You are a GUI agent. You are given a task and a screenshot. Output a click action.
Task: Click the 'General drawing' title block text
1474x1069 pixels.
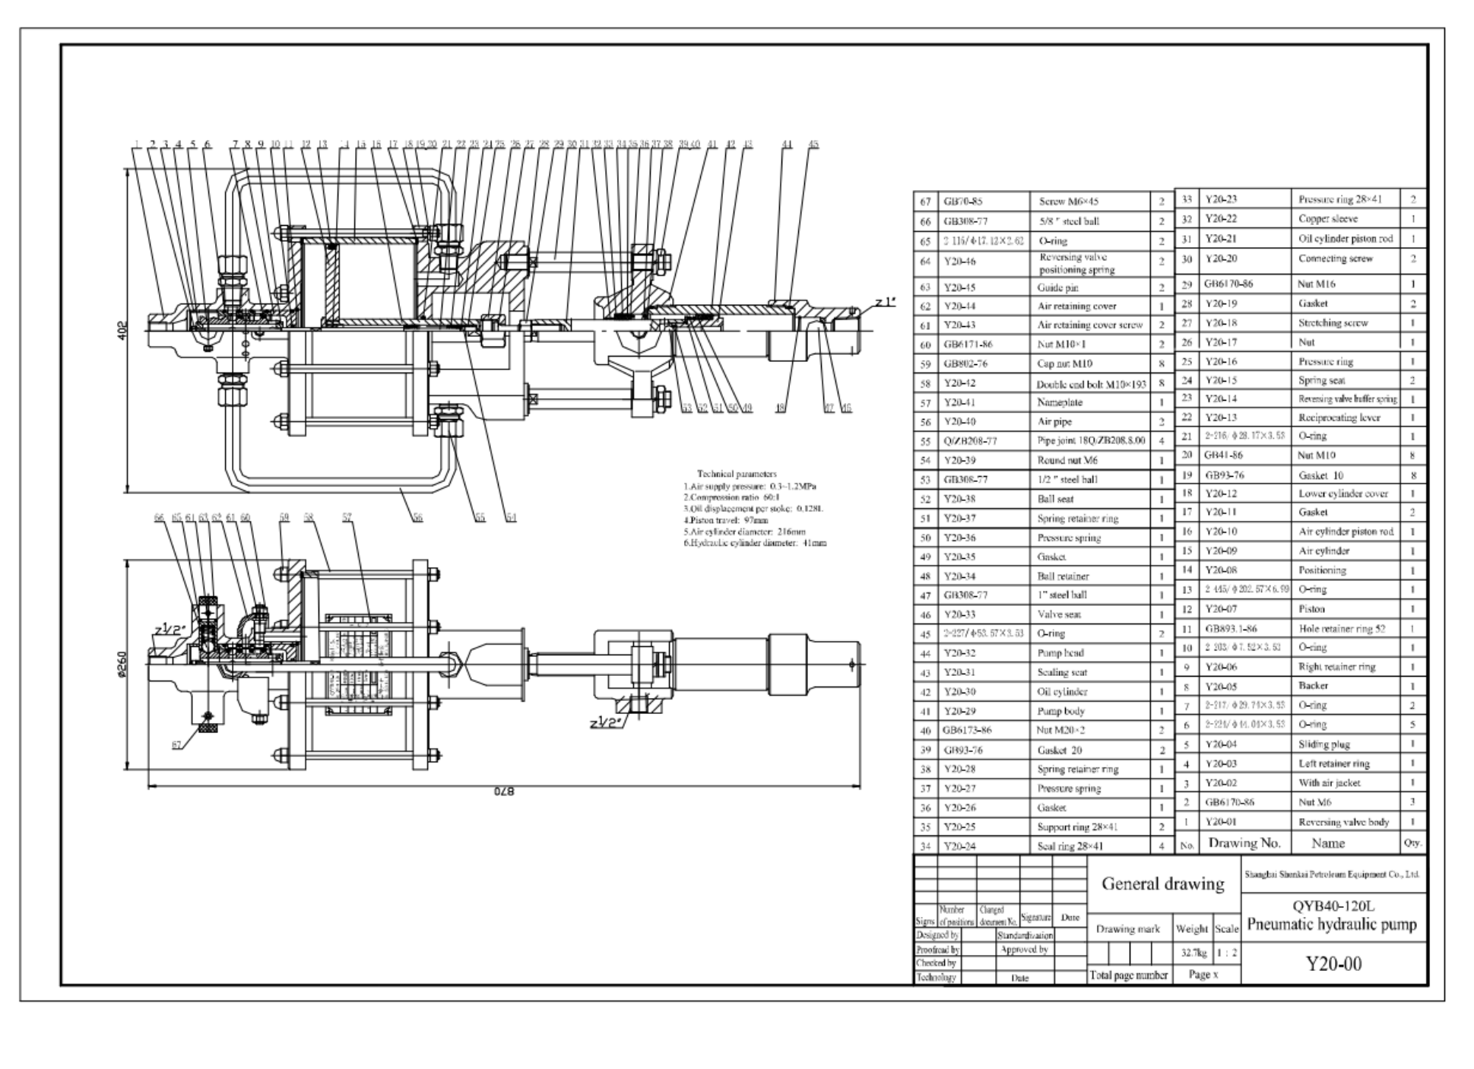click(x=1162, y=883)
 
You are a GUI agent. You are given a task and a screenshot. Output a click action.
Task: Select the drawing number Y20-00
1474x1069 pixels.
click(x=1333, y=964)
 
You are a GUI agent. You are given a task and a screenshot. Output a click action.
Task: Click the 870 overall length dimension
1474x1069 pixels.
click(x=505, y=791)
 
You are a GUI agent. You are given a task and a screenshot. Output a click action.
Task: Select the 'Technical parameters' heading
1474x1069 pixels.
click(x=737, y=474)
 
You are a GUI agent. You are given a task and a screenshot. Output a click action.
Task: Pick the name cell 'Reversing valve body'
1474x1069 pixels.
click(x=1343, y=822)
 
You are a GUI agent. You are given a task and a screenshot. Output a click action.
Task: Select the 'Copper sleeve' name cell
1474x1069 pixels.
click(x=1327, y=219)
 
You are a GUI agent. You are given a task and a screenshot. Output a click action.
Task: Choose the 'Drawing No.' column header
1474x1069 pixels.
click(x=1244, y=843)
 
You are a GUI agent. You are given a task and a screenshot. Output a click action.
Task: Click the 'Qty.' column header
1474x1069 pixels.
click(x=1412, y=843)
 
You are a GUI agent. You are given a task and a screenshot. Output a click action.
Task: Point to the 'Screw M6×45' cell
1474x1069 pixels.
click(x=1068, y=201)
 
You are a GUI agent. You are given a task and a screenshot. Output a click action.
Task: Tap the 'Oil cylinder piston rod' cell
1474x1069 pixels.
click(x=1345, y=239)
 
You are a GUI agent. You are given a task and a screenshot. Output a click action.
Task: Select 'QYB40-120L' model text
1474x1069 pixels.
click(x=1333, y=906)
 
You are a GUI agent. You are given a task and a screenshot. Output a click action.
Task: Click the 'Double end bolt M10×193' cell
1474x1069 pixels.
click(x=1091, y=384)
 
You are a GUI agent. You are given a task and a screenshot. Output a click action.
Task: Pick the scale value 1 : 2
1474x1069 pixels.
click(x=1226, y=953)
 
